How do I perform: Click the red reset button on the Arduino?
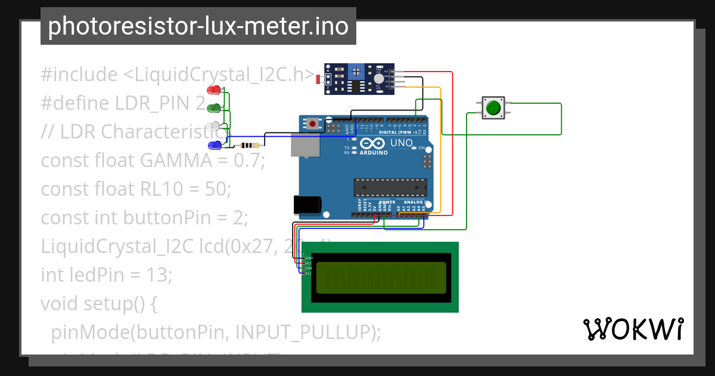(313, 124)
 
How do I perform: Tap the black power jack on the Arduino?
(307, 205)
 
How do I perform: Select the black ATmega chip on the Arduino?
(390, 187)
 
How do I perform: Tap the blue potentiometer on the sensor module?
(356, 72)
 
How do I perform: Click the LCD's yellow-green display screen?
(381, 278)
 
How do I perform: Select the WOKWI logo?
(633, 329)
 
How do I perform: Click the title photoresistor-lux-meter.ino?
(198, 26)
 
